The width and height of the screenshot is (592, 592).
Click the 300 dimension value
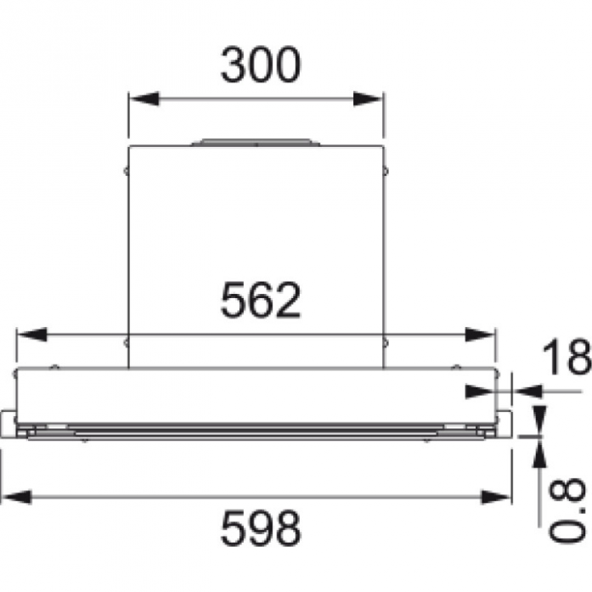tap(261, 65)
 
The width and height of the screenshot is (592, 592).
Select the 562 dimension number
tap(261, 301)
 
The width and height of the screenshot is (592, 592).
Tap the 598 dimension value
tap(261, 528)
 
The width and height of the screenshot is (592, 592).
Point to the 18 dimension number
tap(567, 357)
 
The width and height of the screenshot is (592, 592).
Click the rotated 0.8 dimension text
tap(567, 510)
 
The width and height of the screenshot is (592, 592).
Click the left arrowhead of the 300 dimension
tap(144, 99)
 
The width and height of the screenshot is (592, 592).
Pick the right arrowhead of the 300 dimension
tap(368, 99)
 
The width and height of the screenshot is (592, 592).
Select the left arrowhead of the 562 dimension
tap(32, 335)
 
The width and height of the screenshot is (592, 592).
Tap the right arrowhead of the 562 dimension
tap(480, 335)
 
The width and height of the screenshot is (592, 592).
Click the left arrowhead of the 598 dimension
tap(16, 497)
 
